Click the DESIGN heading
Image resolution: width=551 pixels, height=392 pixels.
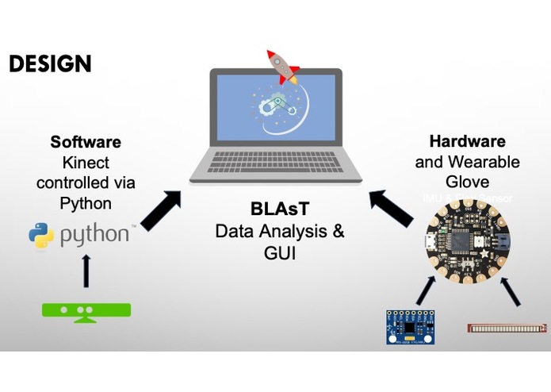(49, 63)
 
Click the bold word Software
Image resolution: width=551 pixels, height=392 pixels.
(86, 142)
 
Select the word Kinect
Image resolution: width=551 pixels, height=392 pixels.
(86, 162)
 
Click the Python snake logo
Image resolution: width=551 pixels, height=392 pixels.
(40, 235)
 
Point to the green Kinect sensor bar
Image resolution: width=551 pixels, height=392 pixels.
(86, 310)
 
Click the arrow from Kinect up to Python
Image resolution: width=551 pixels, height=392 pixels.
(86, 271)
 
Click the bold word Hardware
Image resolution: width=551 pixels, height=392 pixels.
(467, 141)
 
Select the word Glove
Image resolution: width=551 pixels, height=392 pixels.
(467, 182)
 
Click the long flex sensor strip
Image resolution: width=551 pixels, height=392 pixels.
(507, 326)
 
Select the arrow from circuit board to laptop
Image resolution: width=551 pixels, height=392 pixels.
(393, 208)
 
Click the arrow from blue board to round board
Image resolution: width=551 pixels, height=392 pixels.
(427, 290)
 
